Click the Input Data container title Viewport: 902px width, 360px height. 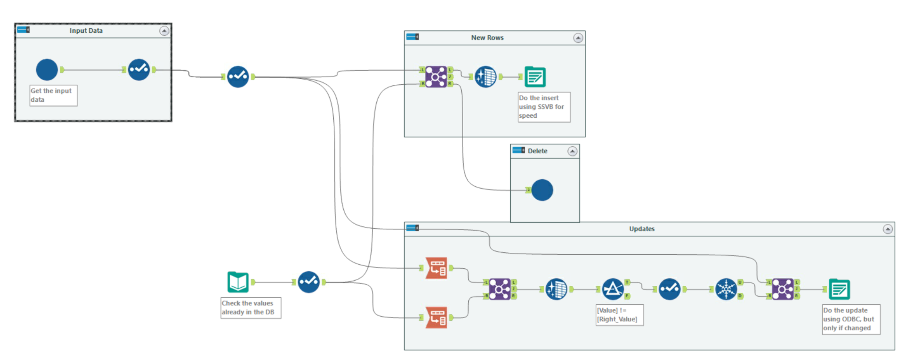[x=86, y=31]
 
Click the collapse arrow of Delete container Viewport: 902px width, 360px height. [x=572, y=151]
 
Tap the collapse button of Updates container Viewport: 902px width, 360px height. [x=887, y=229]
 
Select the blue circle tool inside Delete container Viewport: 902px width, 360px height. [x=542, y=190]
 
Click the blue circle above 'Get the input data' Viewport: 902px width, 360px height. [x=47, y=70]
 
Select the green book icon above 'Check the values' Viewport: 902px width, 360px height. [x=238, y=282]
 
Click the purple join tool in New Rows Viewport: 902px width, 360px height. [x=436, y=77]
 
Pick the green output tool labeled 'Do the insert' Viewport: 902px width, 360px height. [x=535, y=77]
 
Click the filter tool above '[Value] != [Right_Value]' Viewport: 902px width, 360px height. [x=612, y=289]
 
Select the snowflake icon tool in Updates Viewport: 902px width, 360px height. [x=726, y=289]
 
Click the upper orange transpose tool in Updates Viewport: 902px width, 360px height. [x=436, y=268]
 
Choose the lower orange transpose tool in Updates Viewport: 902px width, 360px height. [x=436, y=317]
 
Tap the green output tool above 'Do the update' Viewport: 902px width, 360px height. [x=839, y=289]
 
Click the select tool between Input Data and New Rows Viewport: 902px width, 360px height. [x=238, y=77]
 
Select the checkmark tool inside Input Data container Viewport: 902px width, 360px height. [x=139, y=70]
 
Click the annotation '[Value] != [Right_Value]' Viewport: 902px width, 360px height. [x=619, y=315]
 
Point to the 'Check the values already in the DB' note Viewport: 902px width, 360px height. [x=250, y=308]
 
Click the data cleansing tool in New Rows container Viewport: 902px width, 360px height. [x=486, y=77]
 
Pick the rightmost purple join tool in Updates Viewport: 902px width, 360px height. [x=782, y=289]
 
